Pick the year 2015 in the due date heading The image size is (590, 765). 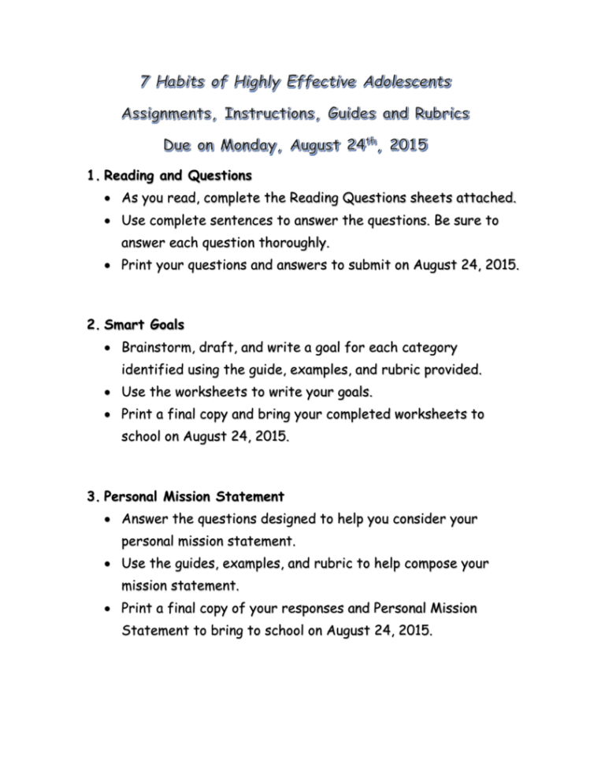pyautogui.click(x=406, y=147)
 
